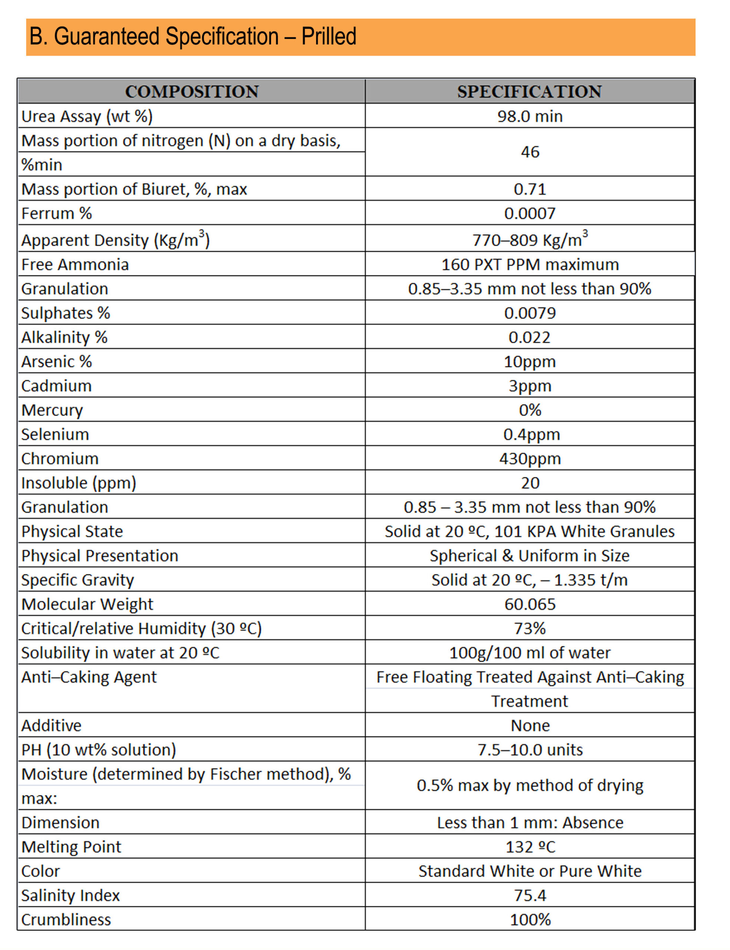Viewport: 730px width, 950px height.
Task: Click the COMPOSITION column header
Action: pos(192,92)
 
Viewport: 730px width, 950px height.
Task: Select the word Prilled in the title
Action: pos(328,36)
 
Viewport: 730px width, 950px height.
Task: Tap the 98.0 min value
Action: pos(530,116)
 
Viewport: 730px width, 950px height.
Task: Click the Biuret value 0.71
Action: pos(530,189)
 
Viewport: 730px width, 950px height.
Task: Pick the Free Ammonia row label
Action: pos(75,265)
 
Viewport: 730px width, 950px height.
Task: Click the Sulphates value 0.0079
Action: pos(530,313)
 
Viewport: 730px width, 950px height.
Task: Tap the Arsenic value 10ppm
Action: pos(530,361)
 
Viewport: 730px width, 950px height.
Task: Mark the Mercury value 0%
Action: pos(530,410)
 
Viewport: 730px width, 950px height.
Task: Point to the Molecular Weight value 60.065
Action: pos(530,604)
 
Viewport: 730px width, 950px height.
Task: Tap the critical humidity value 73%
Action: pos(530,629)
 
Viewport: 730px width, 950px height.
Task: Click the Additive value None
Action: pos(530,725)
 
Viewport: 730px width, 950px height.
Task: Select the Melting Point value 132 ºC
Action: pos(530,847)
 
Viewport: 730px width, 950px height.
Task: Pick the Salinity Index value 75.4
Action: pos(530,895)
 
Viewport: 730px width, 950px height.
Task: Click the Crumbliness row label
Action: pos(66,920)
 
